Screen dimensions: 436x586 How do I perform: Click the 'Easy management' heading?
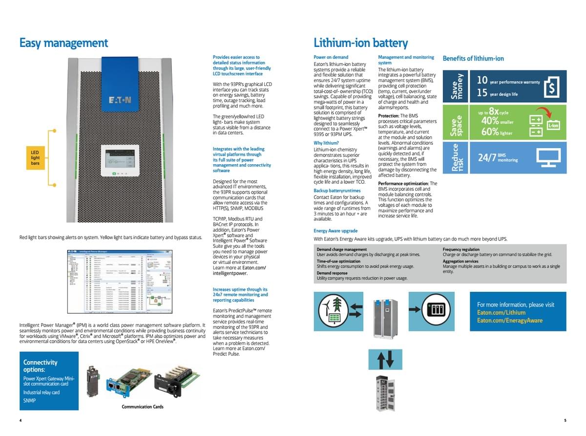(x=63, y=43)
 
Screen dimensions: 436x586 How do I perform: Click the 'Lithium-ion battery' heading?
(x=360, y=43)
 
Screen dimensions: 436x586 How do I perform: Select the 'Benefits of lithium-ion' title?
(x=473, y=59)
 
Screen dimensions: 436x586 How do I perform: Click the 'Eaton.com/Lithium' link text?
(x=501, y=312)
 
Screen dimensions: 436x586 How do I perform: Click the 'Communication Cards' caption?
(x=143, y=407)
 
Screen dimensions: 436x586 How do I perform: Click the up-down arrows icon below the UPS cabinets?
(x=386, y=359)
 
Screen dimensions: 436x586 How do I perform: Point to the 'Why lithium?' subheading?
(x=326, y=143)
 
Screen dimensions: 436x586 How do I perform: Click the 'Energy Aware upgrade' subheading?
(x=335, y=231)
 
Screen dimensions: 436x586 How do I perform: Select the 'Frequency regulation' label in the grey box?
(x=461, y=249)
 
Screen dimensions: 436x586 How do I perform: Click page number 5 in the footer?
(x=565, y=420)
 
